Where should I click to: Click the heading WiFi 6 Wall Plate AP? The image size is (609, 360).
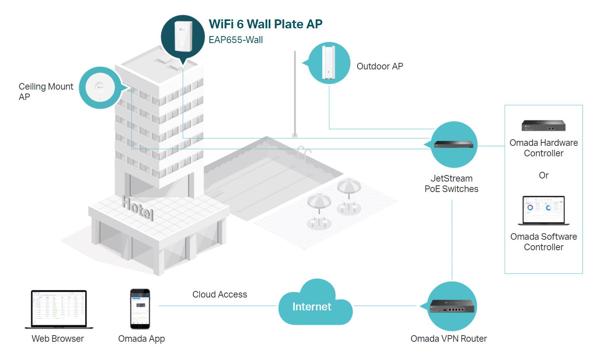pyautogui.click(x=265, y=24)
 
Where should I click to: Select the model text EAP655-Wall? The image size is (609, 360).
pyautogui.click(x=235, y=40)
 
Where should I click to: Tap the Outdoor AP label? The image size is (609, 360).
pyautogui.click(x=379, y=66)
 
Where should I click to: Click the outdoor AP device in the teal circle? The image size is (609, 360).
pyautogui.click(x=329, y=62)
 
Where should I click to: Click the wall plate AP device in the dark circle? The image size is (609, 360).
pyautogui.click(x=183, y=36)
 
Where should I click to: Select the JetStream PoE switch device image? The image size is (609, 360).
pyautogui.click(x=453, y=145)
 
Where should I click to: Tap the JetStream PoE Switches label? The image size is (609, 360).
pyautogui.click(x=451, y=184)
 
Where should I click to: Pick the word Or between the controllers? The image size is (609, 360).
pyautogui.click(x=543, y=175)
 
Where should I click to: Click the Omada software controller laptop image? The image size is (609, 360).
pyautogui.click(x=543, y=211)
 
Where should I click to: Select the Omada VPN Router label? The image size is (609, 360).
pyautogui.click(x=448, y=339)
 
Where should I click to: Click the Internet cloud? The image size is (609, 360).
pyautogui.click(x=312, y=306)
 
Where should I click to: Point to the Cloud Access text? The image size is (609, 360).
pyautogui.click(x=220, y=294)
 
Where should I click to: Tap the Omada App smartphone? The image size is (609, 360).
pyautogui.click(x=140, y=309)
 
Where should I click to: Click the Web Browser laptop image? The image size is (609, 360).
pyautogui.click(x=59, y=309)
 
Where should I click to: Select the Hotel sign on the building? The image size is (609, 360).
pyautogui.click(x=138, y=208)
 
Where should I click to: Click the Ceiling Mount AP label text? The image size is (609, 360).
pyautogui.click(x=45, y=92)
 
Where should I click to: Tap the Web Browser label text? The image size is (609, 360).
pyautogui.click(x=57, y=339)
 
